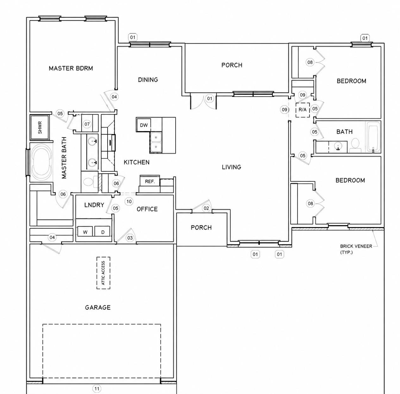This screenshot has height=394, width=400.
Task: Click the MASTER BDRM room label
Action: (x=71, y=68)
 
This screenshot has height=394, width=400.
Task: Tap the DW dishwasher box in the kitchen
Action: (x=144, y=125)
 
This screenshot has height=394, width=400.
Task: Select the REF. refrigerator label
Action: (x=150, y=181)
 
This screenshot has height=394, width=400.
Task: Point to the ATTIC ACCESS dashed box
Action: (x=103, y=273)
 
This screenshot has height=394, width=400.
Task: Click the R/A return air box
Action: (x=303, y=110)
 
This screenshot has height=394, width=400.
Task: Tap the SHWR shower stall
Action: (x=40, y=127)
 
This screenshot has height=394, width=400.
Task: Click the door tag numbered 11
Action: (x=97, y=389)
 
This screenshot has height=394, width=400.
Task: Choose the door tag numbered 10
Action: (x=129, y=201)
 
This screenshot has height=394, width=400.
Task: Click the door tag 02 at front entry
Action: (x=206, y=208)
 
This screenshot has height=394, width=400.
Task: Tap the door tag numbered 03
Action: (x=130, y=238)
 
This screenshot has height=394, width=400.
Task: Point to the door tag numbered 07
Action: (x=87, y=124)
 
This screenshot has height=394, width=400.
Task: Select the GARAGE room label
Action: (x=98, y=307)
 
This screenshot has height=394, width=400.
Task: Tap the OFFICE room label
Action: (x=147, y=209)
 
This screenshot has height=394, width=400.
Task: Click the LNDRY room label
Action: (x=94, y=205)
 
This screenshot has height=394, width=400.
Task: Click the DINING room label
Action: (x=148, y=79)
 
